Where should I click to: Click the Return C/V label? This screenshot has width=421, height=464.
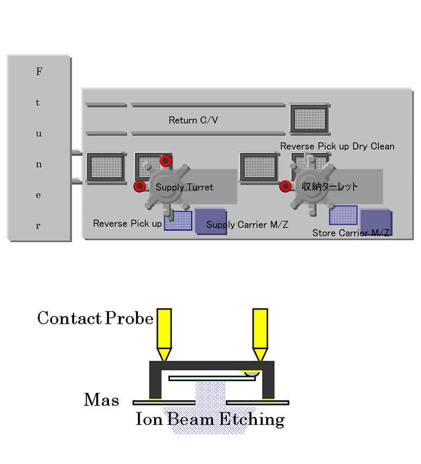[x=193, y=120]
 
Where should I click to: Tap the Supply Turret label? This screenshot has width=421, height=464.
[x=184, y=187]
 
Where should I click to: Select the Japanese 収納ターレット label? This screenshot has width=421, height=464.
[x=330, y=186]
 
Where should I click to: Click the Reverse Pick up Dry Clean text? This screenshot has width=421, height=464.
[x=337, y=146]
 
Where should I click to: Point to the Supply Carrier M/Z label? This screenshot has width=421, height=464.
[x=247, y=225]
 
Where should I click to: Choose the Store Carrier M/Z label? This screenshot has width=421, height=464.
[x=351, y=233]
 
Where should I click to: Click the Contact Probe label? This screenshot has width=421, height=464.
[x=95, y=318]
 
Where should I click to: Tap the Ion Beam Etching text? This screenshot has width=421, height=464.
[x=210, y=420]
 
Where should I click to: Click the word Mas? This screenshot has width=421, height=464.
[x=102, y=400]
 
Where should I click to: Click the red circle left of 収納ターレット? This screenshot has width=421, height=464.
[x=285, y=186]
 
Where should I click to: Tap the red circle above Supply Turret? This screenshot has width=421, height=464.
[x=165, y=161]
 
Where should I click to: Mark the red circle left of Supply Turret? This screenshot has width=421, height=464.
[x=139, y=186]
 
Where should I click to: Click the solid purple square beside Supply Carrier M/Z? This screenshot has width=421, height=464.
[x=210, y=221]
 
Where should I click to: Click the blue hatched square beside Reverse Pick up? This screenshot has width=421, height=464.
[x=178, y=220]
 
